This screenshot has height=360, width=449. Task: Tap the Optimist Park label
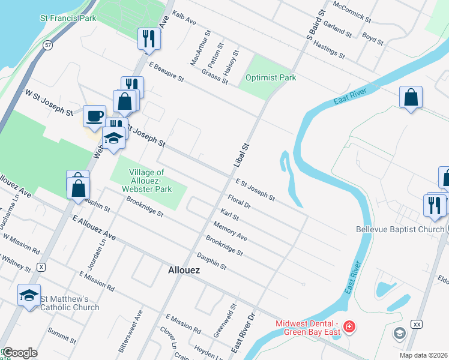tap(271, 77)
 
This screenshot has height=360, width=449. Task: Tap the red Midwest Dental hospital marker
tap(349, 328)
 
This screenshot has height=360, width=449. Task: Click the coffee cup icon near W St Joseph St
tap(94, 116)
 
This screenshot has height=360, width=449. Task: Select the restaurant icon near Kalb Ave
tap(148, 40)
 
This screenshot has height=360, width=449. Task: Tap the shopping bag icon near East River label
tap(411, 97)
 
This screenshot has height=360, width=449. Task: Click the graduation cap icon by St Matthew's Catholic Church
tap(29, 295)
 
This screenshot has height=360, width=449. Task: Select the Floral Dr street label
tap(239, 200)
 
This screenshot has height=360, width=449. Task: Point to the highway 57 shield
tap(47, 45)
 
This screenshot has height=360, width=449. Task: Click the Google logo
tap(19, 353)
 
